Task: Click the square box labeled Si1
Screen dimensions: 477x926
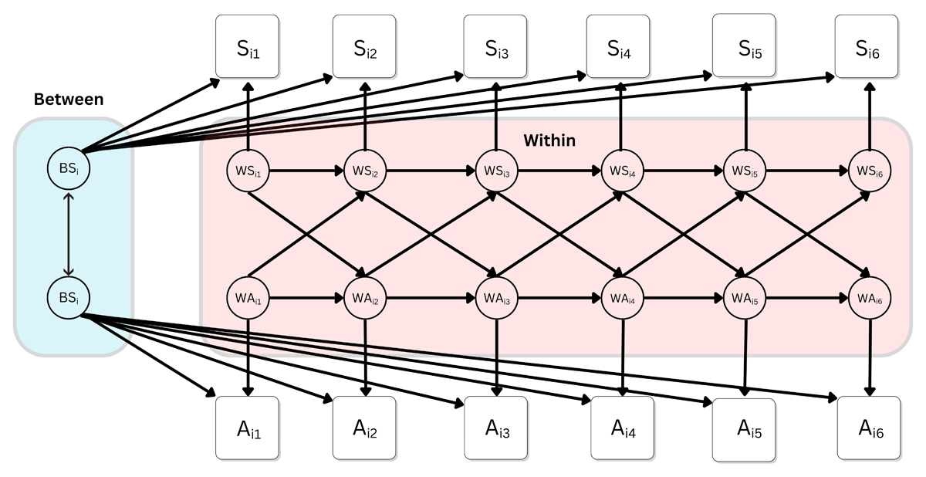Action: pyautogui.click(x=247, y=46)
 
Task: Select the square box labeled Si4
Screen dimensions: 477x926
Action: pyautogui.click(x=618, y=46)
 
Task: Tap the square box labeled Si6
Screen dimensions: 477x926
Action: pyautogui.click(x=869, y=46)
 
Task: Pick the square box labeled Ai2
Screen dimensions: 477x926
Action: pyautogui.click(x=364, y=428)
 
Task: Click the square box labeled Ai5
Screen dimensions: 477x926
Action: pyautogui.click(x=744, y=429)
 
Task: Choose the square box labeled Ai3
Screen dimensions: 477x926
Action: pyautogui.click(x=495, y=428)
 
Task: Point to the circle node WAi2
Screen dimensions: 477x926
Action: pyautogui.click(x=365, y=298)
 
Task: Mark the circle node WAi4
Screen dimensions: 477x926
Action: pyautogui.click(x=621, y=298)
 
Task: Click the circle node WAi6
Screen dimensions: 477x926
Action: pyautogui.click(x=870, y=298)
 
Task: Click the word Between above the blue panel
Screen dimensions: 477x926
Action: pyautogui.click(x=69, y=100)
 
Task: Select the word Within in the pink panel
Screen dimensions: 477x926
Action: pyautogui.click(x=549, y=140)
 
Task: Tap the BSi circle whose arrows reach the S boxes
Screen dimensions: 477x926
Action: pyautogui.click(x=69, y=170)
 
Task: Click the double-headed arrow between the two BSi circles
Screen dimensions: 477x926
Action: pyautogui.click(x=69, y=234)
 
